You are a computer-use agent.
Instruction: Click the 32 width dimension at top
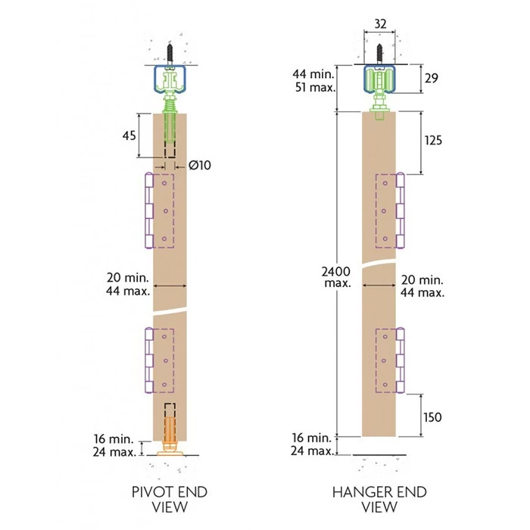[380, 24]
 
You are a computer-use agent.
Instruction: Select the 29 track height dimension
[430, 78]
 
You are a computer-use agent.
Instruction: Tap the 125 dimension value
[433, 141]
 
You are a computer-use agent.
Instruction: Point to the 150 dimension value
[432, 417]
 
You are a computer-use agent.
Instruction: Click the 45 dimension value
[129, 136]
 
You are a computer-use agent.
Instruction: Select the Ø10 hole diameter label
[199, 164]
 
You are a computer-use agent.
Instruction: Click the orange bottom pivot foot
[170, 449]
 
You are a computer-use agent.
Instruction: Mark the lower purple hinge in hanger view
[401, 360]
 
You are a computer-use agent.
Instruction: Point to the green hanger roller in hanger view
[380, 82]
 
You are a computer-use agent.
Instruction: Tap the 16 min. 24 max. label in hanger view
[313, 444]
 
